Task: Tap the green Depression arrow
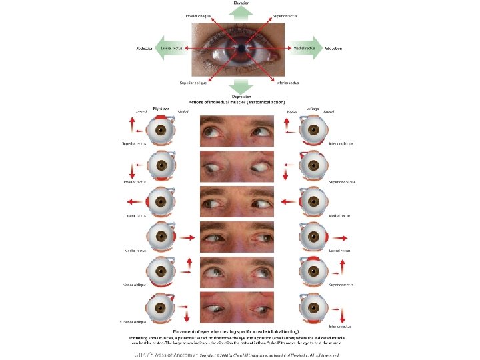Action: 241,86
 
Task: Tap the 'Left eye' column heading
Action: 315,108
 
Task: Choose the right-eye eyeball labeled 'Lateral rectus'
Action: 161,201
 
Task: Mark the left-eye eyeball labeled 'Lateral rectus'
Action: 311,237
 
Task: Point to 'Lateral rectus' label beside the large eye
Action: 172,49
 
